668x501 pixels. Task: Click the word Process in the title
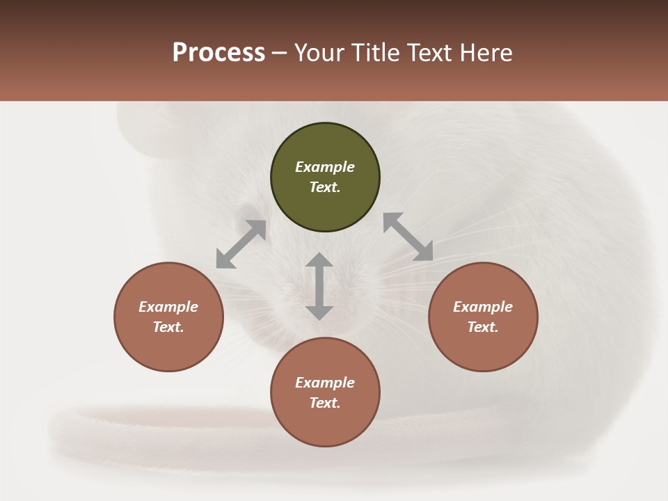click(218, 53)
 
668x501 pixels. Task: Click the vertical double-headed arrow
click(319, 286)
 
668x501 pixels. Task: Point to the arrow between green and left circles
click(241, 244)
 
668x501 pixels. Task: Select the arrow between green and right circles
click(408, 237)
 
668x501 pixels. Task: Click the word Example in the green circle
click(325, 167)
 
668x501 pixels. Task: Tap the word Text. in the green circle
click(325, 187)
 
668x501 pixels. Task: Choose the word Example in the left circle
click(168, 307)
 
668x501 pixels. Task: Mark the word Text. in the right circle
click(483, 327)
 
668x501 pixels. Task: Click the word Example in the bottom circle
click(325, 383)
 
